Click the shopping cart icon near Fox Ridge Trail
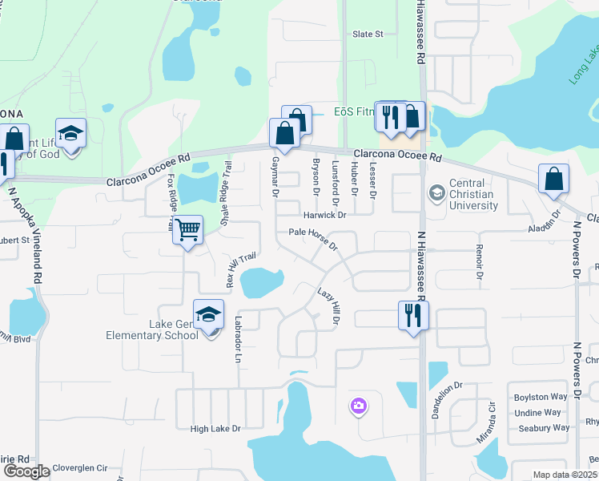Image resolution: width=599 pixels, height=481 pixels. pyautogui.click(x=187, y=230)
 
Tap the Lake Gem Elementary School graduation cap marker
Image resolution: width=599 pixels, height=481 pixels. pyautogui.click(x=208, y=315)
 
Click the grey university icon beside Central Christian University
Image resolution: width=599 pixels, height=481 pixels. pyautogui.click(x=436, y=192)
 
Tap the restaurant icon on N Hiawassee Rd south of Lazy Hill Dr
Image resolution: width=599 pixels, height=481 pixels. pyautogui.click(x=413, y=314)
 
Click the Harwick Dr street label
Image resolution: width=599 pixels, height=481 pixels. pyautogui.click(x=324, y=216)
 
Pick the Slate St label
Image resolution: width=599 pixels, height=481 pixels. pyautogui.click(x=368, y=34)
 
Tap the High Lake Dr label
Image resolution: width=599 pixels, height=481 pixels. pyautogui.click(x=215, y=429)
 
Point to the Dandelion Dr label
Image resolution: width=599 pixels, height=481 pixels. pyautogui.click(x=448, y=398)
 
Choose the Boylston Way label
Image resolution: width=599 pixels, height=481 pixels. pyautogui.click(x=541, y=398)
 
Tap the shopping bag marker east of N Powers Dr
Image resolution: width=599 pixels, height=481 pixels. pyautogui.click(x=554, y=180)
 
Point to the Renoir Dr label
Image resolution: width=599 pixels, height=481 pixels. pyautogui.click(x=480, y=261)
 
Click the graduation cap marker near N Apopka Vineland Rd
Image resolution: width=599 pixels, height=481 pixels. pyautogui.click(x=70, y=134)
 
